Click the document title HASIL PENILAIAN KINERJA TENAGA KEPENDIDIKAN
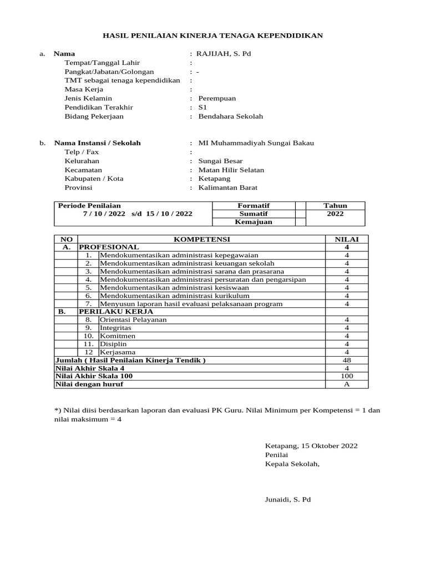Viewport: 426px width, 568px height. pos(213,35)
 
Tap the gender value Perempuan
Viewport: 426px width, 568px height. pos(217,98)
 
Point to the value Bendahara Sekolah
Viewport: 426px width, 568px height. pos(231,116)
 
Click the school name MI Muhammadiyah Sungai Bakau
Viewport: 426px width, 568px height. pos(256,143)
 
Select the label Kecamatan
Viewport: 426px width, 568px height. pos(83,170)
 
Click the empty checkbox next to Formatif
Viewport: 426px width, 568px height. pos(300,205)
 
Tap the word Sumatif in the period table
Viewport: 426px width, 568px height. pos(253,214)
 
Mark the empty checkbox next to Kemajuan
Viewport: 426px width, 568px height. pos(300,222)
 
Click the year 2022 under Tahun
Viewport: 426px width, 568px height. pos(335,214)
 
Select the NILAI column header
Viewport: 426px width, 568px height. pos(347,239)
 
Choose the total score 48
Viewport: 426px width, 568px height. pos(347,360)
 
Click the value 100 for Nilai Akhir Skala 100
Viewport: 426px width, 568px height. pos(347,376)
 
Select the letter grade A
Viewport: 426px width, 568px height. pos(347,384)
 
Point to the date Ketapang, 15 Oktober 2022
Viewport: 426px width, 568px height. pos(311,446)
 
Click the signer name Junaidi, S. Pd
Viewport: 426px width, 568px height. pos(288,500)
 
